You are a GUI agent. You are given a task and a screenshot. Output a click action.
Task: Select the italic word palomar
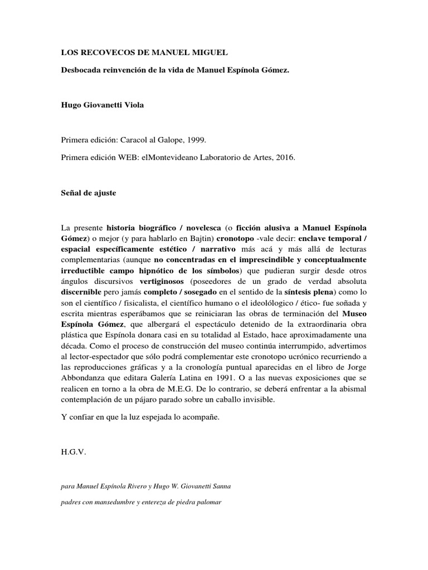pyautogui.click(x=206, y=503)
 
